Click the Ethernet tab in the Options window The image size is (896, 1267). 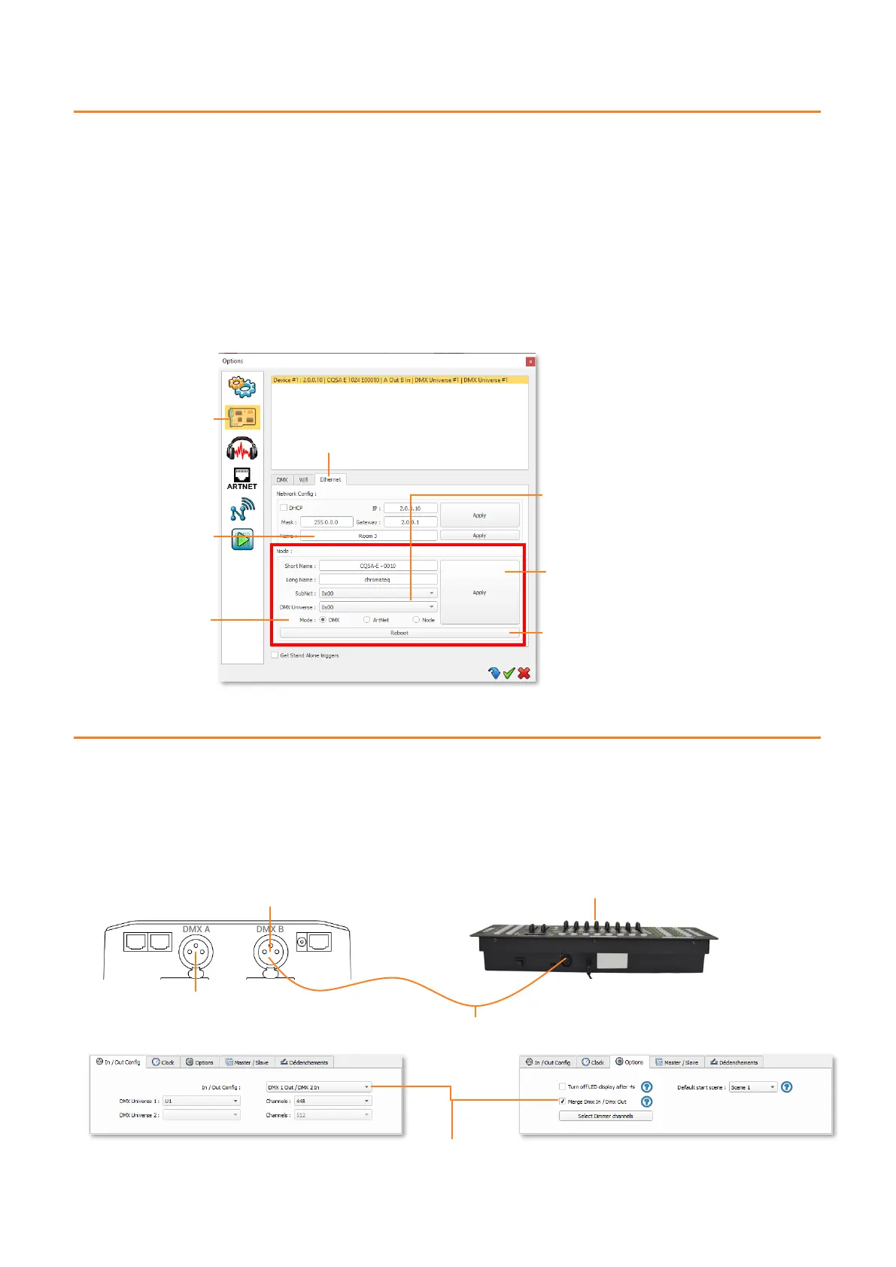click(330, 479)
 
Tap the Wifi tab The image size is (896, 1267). click(303, 479)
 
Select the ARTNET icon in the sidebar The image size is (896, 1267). click(241, 478)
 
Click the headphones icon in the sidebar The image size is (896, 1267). click(241, 448)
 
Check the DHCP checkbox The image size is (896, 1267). click(284, 508)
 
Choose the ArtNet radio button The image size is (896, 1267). click(367, 620)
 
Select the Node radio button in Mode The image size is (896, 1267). click(416, 620)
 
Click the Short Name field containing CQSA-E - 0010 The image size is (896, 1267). click(378, 566)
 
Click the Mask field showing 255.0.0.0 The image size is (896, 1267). click(327, 522)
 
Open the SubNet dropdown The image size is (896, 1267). click(378, 594)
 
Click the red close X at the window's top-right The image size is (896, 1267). click(530, 361)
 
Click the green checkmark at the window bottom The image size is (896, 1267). click(509, 673)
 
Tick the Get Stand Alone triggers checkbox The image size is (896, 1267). click(275, 655)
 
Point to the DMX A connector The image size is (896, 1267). click(196, 953)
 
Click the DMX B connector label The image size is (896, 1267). click(270, 929)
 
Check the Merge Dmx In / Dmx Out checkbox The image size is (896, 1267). click(562, 1101)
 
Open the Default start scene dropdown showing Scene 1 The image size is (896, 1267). click(752, 1087)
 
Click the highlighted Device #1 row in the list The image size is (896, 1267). click(399, 380)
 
